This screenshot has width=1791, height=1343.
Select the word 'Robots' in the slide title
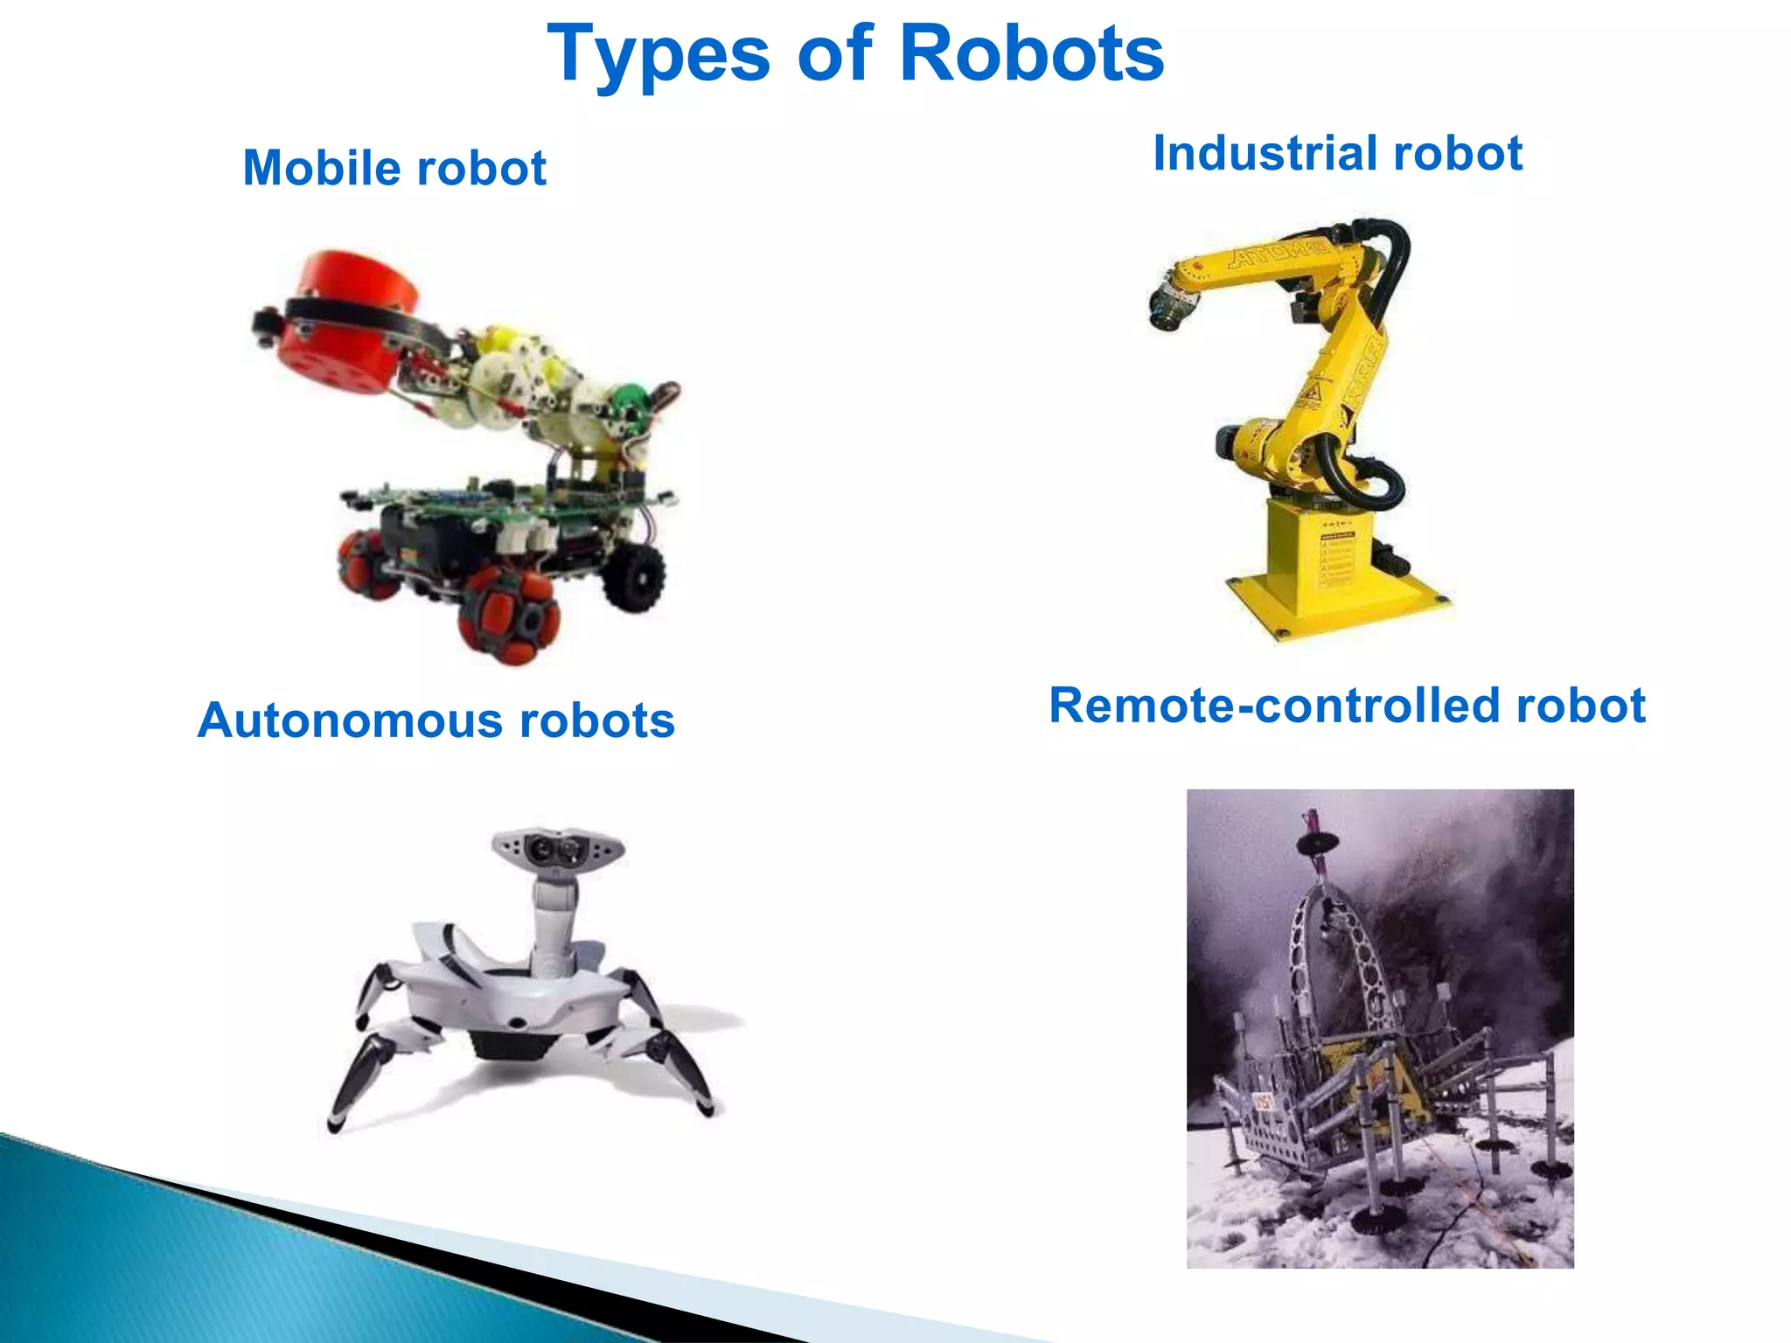pyautogui.click(x=1031, y=54)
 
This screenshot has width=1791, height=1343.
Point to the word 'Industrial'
pyautogui.click(x=1263, y=154)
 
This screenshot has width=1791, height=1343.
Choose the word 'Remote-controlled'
pyautogui.click(x=1273, y=706)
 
